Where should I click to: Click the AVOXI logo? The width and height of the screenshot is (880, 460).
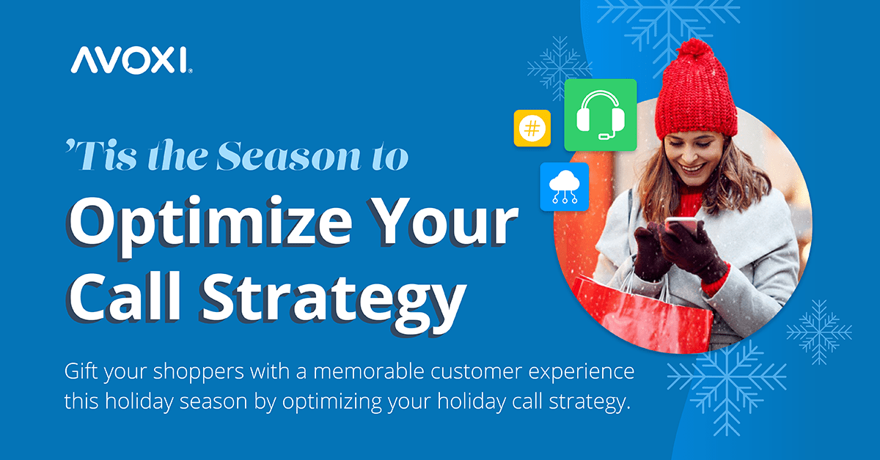click(131, 60)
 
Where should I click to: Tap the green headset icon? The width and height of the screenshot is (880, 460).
click(601, 115)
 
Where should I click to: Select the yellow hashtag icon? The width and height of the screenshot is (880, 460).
click(532, 128)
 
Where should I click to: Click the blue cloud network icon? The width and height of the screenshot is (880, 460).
click(565, 187)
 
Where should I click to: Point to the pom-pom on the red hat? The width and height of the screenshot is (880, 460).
click(694, 51)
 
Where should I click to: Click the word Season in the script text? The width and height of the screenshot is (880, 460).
click(288, 155)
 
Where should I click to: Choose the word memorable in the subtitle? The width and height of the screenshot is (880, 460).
click(368, 371)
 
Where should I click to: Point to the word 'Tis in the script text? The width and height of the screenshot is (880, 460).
click(101, 155)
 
